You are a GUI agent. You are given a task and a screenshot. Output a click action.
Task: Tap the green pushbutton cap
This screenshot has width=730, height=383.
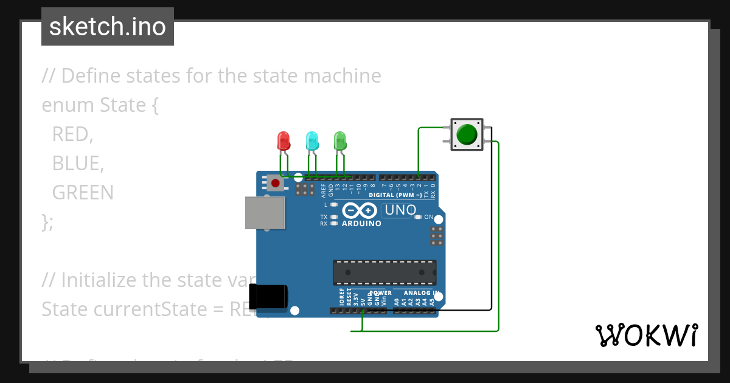[467, 134]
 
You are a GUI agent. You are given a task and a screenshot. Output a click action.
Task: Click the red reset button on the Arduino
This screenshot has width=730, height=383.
[276, 182]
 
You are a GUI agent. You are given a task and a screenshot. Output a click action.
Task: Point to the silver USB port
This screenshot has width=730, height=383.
[265, 212]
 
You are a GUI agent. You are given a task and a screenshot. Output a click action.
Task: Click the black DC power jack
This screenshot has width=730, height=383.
[270, 297]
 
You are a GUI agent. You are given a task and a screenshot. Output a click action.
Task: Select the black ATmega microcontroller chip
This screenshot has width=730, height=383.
[384, 272]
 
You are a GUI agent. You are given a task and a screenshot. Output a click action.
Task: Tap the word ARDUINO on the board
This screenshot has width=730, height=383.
[361, 223]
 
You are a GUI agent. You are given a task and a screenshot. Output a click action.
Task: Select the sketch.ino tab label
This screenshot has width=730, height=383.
[108, 27]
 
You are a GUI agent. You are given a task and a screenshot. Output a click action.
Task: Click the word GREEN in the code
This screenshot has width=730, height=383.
[83, 193]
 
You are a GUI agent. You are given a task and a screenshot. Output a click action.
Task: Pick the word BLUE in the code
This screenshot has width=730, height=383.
[76, 164]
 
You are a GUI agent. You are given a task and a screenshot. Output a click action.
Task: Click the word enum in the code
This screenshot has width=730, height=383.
[68, 105]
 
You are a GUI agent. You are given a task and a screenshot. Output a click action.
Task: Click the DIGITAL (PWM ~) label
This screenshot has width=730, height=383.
[395, 195]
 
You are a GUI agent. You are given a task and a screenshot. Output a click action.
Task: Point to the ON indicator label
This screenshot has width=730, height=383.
[428, 217]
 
